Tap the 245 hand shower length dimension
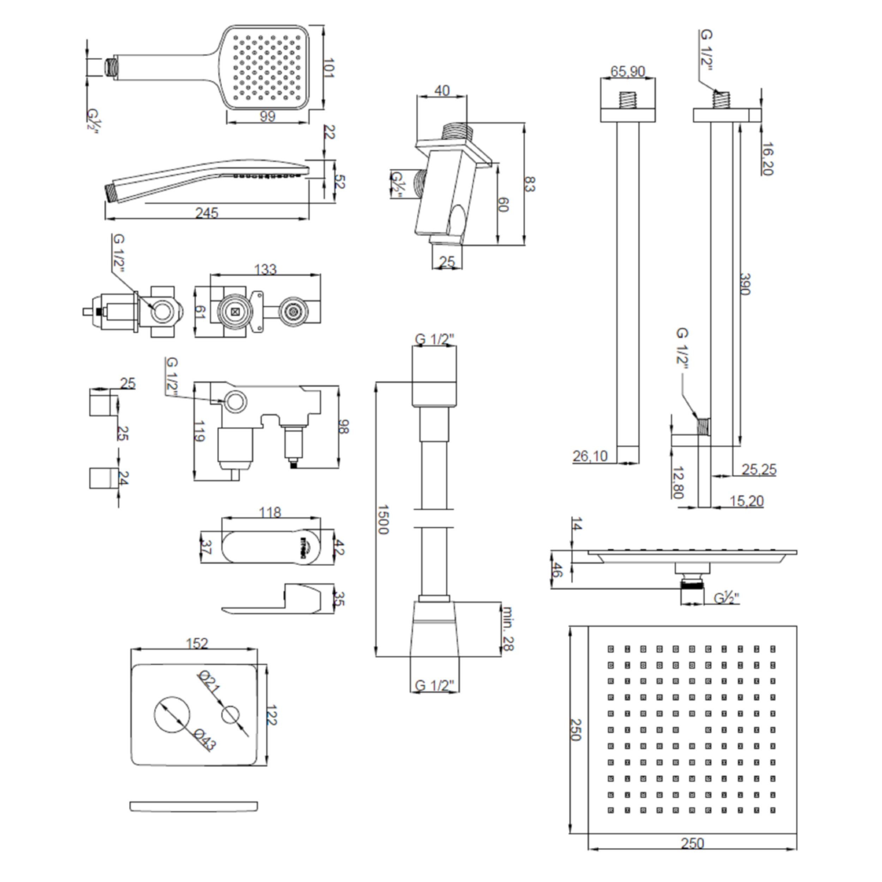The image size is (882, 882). (207, 213)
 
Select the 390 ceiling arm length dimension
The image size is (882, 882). (745, 284)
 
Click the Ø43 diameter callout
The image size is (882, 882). (204, 739)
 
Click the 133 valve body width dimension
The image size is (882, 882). (265, 269)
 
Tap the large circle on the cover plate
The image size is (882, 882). (172, 715)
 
